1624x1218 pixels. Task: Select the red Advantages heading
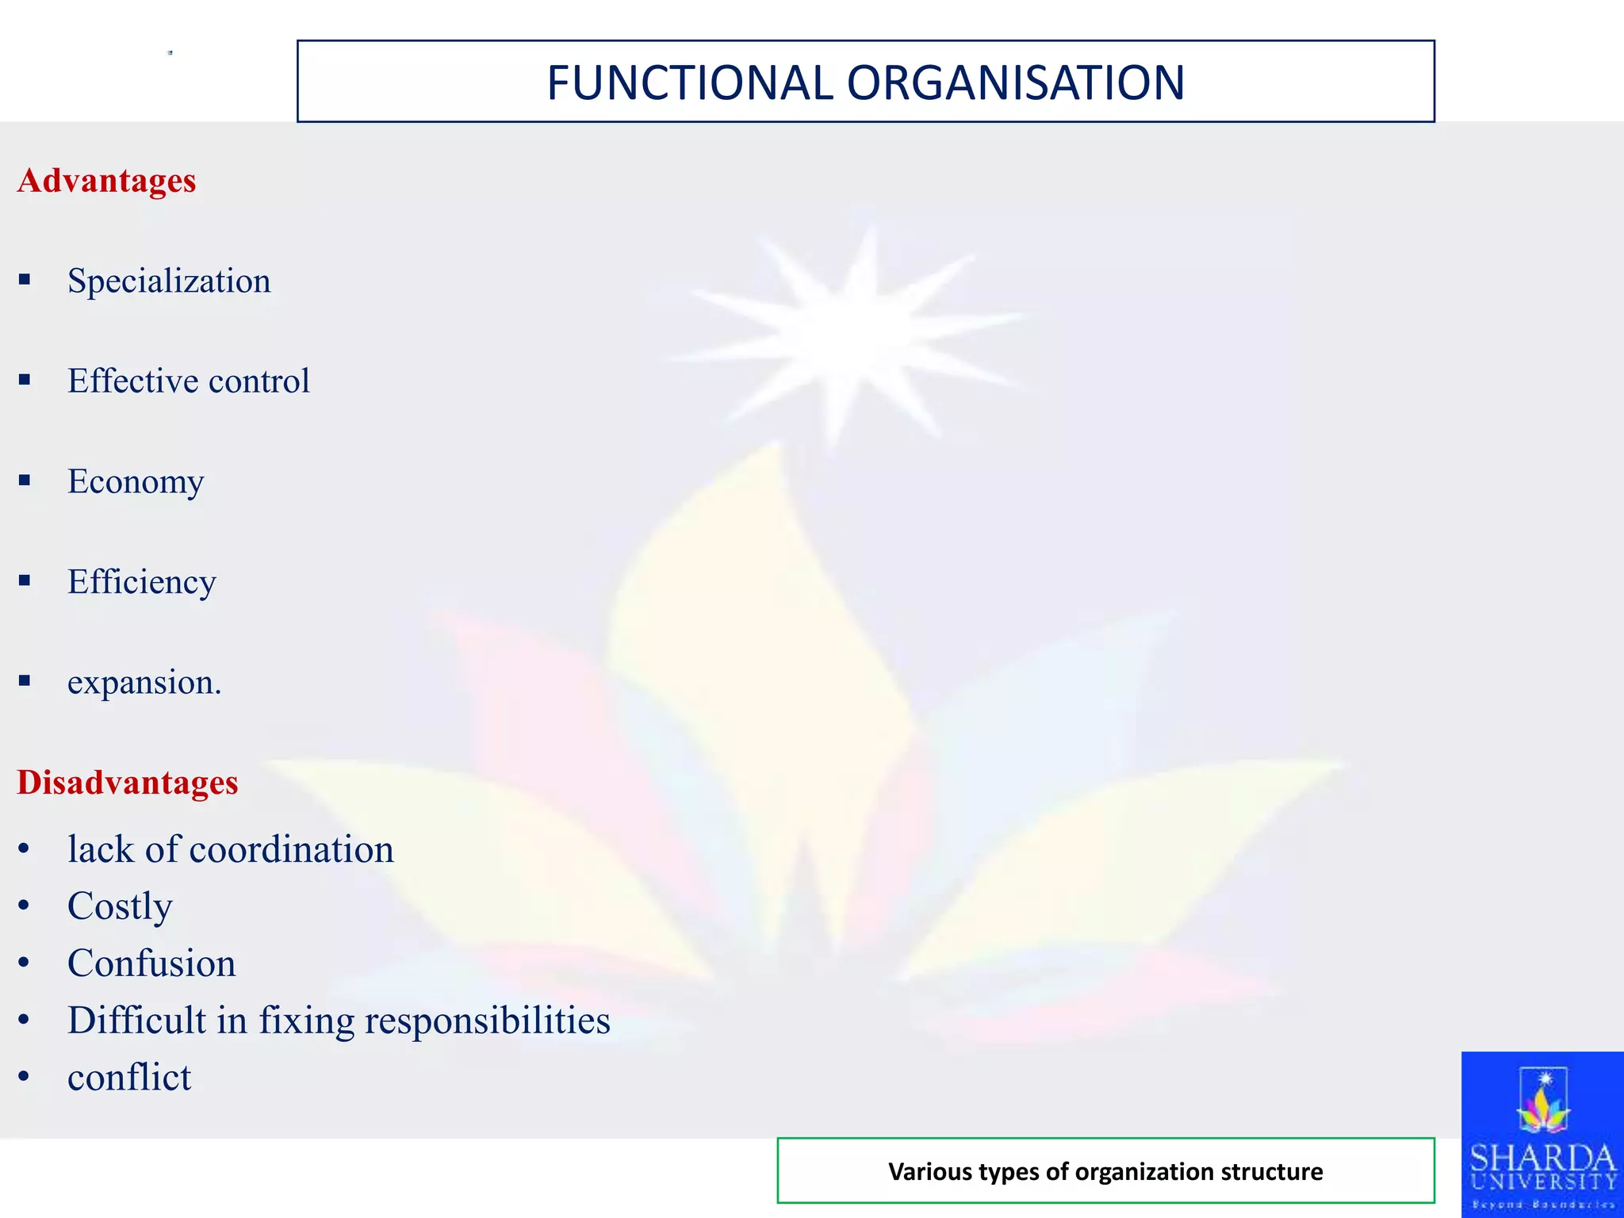click(106, 181)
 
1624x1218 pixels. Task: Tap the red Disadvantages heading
click(128, 783)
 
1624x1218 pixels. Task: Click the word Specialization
click(169, 282)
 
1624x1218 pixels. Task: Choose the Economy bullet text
click(136, 482)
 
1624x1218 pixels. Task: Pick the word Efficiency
click(141, 582)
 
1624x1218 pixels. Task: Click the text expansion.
click(144, 683)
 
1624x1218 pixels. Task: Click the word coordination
click(291, 850)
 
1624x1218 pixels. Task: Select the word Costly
click(120, 906)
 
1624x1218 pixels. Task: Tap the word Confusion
click(151, 963)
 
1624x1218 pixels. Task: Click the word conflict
click(129, 1078)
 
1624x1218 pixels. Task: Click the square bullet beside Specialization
click(25, 280)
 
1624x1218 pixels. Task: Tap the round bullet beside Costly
click(24, 906)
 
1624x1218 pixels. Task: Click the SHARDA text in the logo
click(1542, 1159)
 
